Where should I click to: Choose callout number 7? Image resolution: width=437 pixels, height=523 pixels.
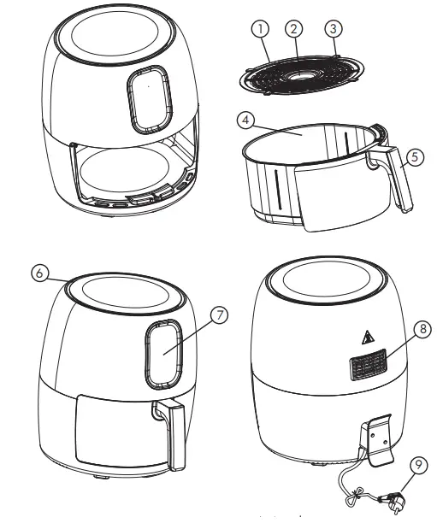(x=221, y=316)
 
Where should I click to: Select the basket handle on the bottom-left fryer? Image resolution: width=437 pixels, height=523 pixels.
(x=175, y=436)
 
